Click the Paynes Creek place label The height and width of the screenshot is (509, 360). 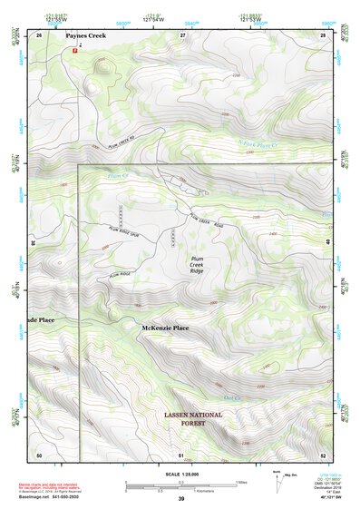click(85, 35)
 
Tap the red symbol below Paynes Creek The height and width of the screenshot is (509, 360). click(75, 52)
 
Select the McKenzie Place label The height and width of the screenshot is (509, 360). click(165, 327)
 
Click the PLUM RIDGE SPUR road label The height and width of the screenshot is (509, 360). click(122, 233)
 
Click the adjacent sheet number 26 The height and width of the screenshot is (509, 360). click(40, 34)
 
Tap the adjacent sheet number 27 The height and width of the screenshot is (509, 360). click(182, 34)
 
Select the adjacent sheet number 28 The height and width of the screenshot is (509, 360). click(322, 34)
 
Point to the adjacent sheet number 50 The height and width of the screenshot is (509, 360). click(39, 454)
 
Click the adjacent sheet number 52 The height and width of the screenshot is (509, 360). click(322, 454)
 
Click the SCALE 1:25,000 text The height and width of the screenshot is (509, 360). click(180, 475)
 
